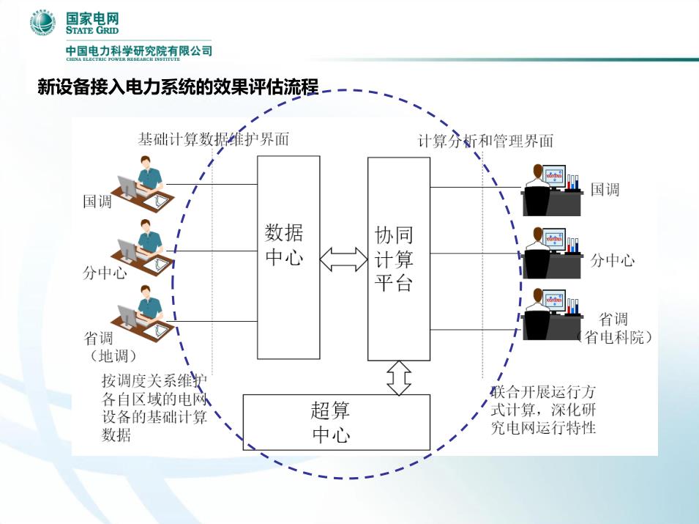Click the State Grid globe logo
42,23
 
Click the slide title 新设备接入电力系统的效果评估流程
178,88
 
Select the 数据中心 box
288,257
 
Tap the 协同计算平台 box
398,259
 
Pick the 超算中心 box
336,422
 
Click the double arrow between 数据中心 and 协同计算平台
343,258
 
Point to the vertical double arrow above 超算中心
398,377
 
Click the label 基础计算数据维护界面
213,139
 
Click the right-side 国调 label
605,190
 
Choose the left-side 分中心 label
104,274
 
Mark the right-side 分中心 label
612,260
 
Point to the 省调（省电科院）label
614,328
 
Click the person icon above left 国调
145,182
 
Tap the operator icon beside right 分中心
551,253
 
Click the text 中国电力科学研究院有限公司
138,51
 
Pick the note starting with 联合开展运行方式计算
543,409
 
